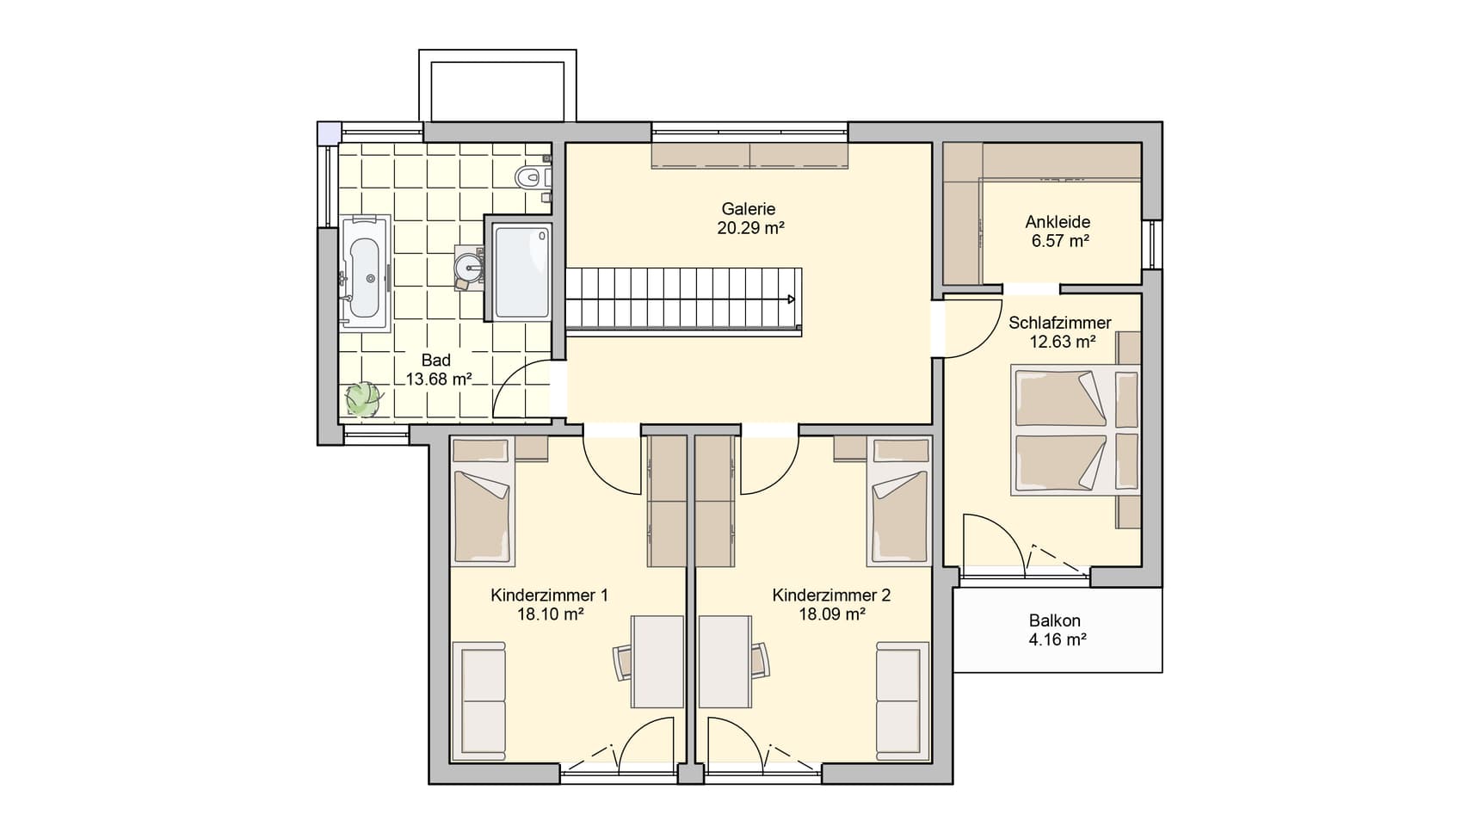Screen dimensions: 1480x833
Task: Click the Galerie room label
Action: [x=748, y=209]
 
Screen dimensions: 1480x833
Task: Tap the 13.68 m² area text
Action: [x=438, y=379]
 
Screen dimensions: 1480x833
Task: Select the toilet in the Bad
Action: [x=531, y=177]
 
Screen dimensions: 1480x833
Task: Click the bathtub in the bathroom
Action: [x=366, y=272]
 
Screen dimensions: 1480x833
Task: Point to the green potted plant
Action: [x=363, y=399]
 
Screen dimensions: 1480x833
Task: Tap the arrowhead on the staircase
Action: [x=789, y=299]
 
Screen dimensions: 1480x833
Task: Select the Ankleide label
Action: [x=1058, y=222]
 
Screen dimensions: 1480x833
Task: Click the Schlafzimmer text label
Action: [x=1060, y=323]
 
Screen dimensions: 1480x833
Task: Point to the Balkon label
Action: [x=1055, y=620]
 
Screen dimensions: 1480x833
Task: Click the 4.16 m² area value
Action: [x=1058, y=639]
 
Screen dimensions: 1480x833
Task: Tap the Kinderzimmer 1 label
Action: [x=550, y=595]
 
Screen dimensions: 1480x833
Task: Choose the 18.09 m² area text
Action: [x=832, y=614]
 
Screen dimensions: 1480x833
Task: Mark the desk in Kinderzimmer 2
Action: [x=725, y=661]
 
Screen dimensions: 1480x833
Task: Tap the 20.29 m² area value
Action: [x=750, y=228]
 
